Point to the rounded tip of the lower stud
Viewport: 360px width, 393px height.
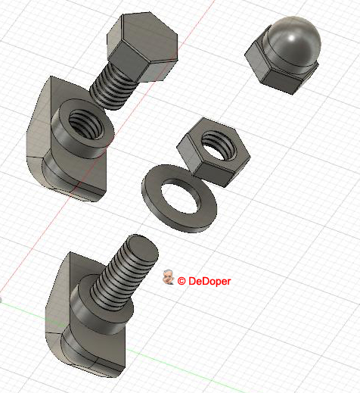[x=144, y=244]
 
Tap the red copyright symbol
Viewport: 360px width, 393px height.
[x=182, y=281]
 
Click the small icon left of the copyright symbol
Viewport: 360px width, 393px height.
[x=169, y=279]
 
